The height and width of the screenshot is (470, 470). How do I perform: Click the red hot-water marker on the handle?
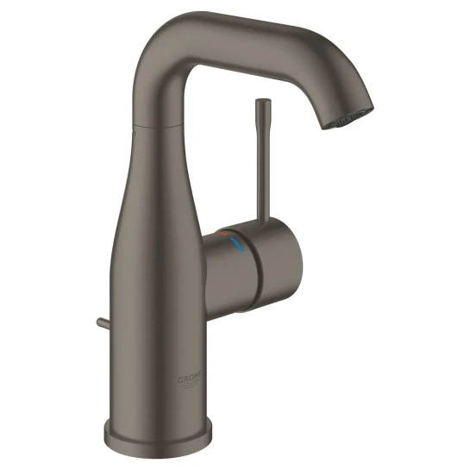pos(226,234)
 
